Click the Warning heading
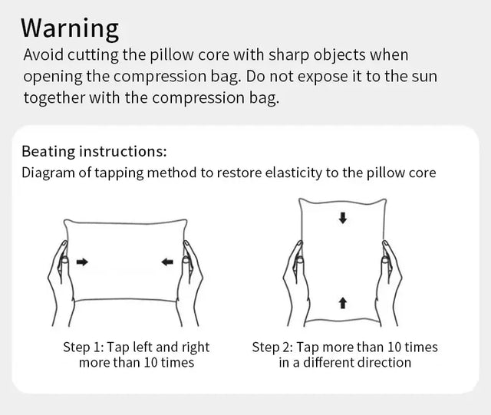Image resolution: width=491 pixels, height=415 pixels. point(70,28)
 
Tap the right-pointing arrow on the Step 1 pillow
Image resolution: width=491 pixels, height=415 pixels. point(82,262)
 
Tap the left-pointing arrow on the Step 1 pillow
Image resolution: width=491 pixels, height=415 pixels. point(167,262)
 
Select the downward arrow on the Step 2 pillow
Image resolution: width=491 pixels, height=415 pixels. point(343,218)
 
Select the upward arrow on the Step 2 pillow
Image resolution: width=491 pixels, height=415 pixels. point(343,303)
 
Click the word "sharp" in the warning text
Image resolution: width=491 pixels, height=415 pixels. point(288,56)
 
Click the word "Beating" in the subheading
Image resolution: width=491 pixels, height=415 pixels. point(48,152)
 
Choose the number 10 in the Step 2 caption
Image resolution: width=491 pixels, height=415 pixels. point(394,347)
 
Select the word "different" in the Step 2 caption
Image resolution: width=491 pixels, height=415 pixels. point(328,363)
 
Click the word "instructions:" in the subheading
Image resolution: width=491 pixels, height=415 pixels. point(123,152)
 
